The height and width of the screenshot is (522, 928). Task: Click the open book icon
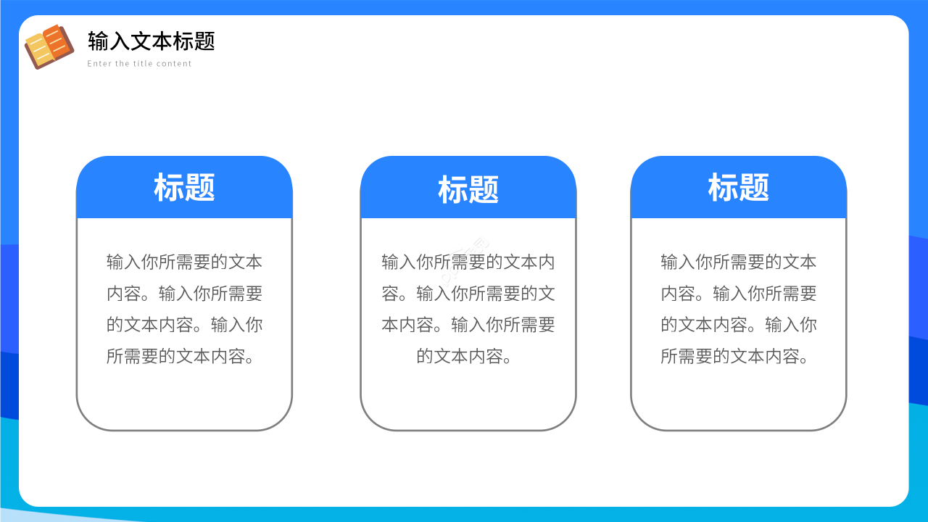click(49, 47)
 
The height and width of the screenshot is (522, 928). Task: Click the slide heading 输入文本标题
click(152, 41)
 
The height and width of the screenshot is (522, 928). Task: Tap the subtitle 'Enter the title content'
click(140, 64)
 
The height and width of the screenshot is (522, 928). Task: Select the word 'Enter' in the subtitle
click(99, 64)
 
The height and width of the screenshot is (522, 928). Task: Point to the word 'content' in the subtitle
click(175, 64)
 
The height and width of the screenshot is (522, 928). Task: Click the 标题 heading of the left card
click(184, 188)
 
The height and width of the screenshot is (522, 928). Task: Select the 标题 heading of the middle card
click(468, 190)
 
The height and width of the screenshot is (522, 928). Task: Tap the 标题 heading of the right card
click(738, 188)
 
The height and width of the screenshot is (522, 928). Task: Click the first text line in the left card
click(184, 262)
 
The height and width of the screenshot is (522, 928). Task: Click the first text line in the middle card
click(468, 262)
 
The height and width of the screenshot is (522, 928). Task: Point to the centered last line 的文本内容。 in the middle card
click(465, 356)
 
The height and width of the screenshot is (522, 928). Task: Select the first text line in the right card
click(738, 262)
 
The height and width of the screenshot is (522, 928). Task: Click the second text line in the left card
click(184, 294)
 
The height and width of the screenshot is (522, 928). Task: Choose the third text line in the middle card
click(468, 325)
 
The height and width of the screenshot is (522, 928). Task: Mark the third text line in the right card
click(738, 325)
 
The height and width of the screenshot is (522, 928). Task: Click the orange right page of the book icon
click(59, 42)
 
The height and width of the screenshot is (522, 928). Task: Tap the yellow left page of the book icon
click(38, 49)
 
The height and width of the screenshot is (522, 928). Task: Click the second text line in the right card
click(738, 294)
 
